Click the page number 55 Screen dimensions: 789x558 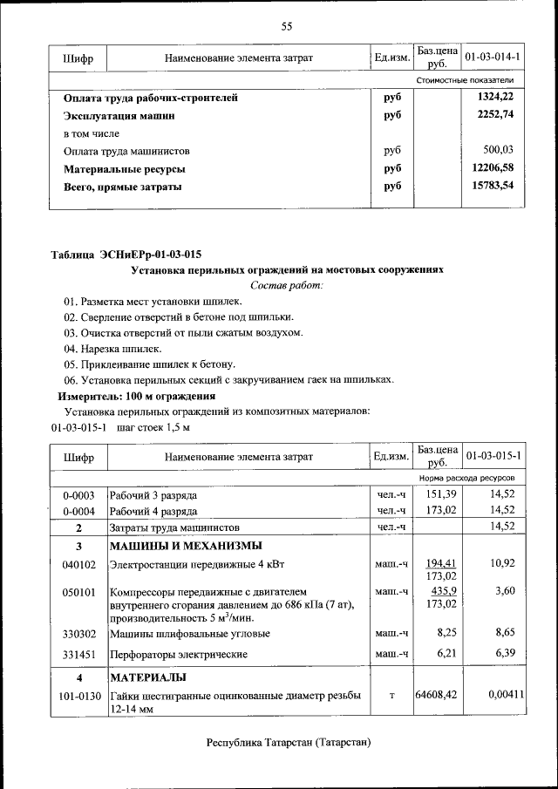pyautogui.click(x=286, y=26)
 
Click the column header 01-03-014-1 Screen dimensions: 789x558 pyautogui.click(x=493, y=58)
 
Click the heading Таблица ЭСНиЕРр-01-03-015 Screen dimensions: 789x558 pyautogui.click(x=126, y=255)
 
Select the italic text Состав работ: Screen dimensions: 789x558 pyautogui.click(x=287, y=285)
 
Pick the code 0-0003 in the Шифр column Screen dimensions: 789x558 pyautogui.click(x=78, y=495)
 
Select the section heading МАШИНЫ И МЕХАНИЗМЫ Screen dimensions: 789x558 pyautogui.click(x=185, y=547)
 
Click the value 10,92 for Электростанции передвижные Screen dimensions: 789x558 pyautogui.click(x=503, y=563)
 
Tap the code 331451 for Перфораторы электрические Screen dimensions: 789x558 pyautogui.click(x=78, y=653)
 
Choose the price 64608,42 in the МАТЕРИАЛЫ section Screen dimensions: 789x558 pyautogui.click(x=437, y=694)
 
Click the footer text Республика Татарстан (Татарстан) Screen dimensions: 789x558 pyautogui.click(x=289, y=743)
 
